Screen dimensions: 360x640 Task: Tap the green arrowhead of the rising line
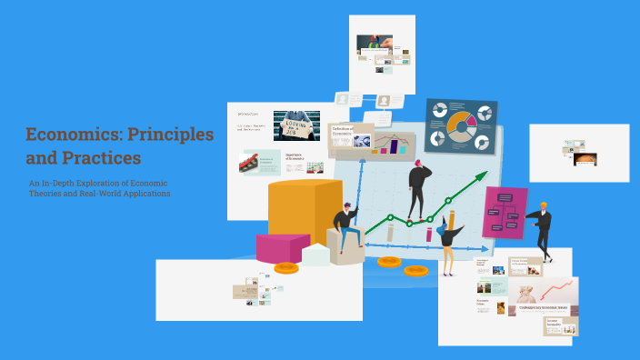(481, 179)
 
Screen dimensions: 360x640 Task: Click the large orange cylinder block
(305, 211)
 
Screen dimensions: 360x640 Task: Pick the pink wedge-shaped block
(282, 247)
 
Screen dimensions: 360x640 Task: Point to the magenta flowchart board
(505, 212)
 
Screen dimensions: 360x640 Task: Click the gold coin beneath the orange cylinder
(286, 268)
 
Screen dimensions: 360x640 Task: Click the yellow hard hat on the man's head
(543, 205)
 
